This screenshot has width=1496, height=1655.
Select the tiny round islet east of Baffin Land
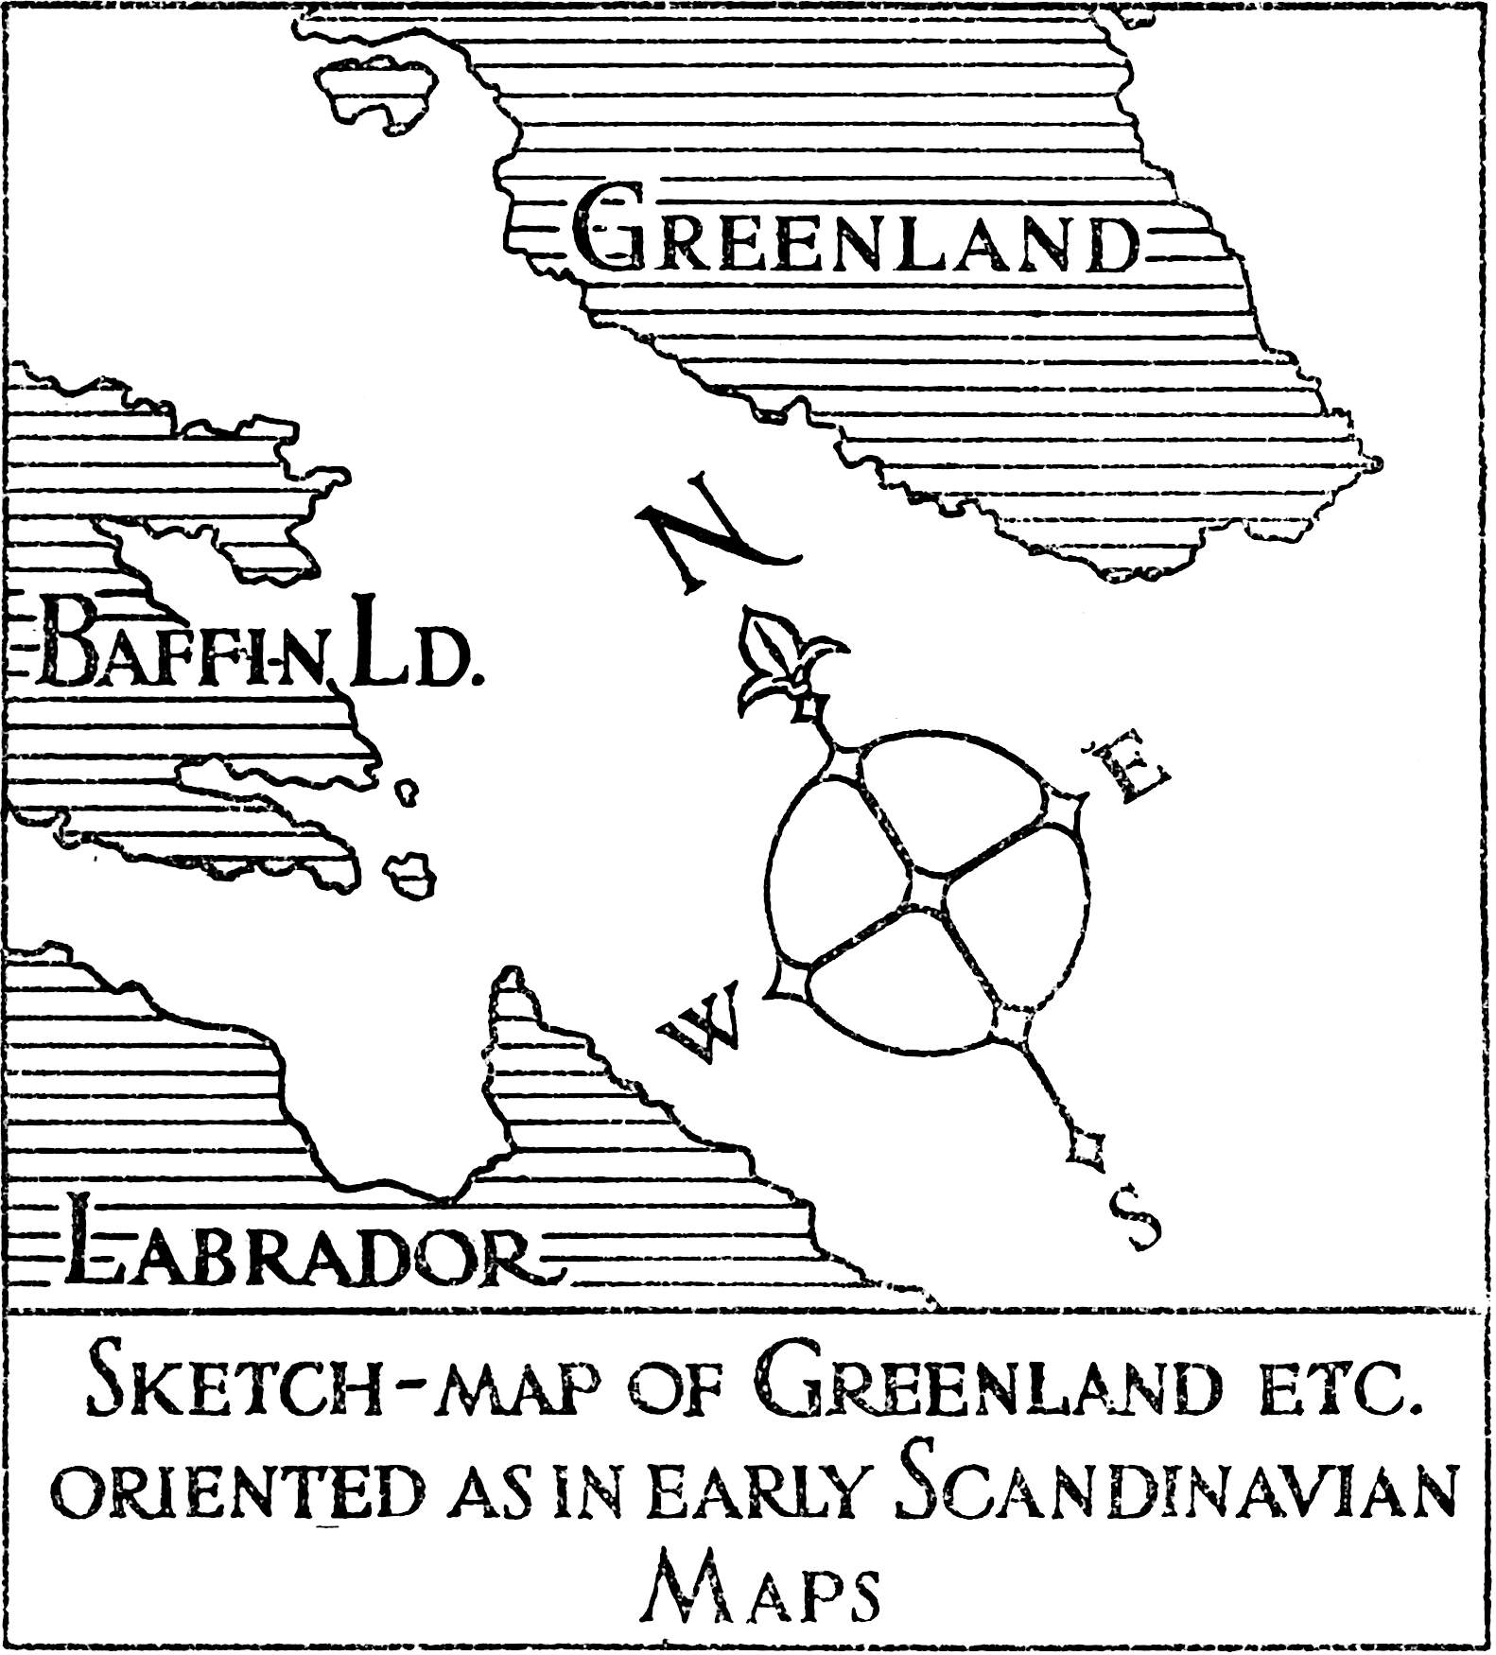[x=407, y=793]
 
